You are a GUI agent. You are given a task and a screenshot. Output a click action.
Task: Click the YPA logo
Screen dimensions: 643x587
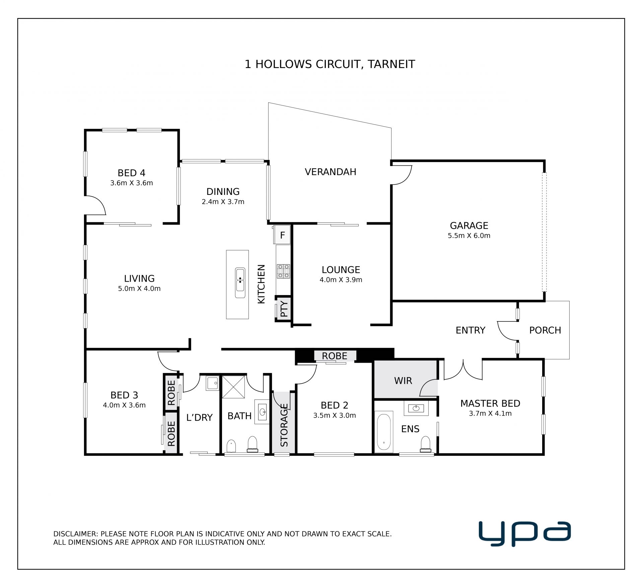click(x=524, y=534)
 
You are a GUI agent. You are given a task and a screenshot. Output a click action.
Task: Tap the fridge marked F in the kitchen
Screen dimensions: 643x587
click(x=282, y=235)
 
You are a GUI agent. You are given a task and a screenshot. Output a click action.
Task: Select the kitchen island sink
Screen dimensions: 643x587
click(x=240, y=283)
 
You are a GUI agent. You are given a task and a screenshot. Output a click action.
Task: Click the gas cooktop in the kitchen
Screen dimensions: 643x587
click(x=283, y=271)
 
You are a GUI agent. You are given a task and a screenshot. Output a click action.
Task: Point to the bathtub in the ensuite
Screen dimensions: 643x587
click(x=384, y=432)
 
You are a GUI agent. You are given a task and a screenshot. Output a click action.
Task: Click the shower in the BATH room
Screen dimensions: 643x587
click(x=233, y=387)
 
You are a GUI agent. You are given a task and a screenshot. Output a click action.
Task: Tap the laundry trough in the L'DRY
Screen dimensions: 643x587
click(x=212, y=383)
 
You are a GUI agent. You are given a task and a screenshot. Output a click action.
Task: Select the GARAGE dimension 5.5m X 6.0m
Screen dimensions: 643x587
click(x=469, y=236)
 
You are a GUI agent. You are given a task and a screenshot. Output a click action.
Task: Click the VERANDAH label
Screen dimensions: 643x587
click(x=330, y=172)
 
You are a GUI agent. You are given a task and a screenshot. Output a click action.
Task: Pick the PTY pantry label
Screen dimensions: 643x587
click(x=284, y=309)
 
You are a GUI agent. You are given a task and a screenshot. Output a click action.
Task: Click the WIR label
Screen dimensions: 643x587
click(x=403, y=381)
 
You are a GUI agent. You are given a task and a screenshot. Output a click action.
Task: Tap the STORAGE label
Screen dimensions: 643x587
click(x=284, y=425)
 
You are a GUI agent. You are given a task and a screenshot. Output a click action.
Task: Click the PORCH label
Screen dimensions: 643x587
click(x=545, y=331)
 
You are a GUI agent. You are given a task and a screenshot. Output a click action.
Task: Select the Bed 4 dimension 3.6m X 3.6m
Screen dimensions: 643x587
click(x=132, y=183)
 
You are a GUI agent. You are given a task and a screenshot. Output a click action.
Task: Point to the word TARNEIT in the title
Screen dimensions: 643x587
click(x=391, y=64)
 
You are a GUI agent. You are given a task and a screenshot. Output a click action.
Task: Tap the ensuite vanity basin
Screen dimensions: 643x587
click(x=416, y=408)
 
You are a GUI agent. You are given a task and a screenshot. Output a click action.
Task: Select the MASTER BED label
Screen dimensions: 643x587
click(x=490, y=403)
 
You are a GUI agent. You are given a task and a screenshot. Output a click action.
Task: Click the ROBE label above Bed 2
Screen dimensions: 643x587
click(x=335, y=356)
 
